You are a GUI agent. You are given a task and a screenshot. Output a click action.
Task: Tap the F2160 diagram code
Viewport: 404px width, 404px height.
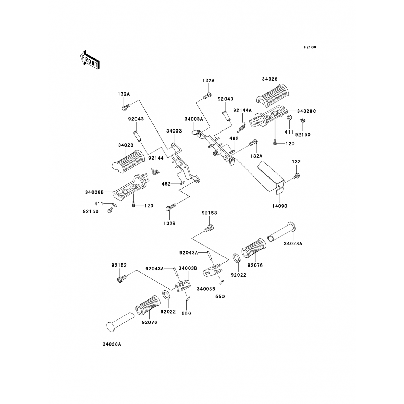tap(310, 47)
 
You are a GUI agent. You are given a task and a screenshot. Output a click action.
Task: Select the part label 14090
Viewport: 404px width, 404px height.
tap(280, 206)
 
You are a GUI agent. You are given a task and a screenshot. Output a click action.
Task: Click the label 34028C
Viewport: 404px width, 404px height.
tap(307, 111)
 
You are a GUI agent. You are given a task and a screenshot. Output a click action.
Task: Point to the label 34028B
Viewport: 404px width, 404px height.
tap(94, 192)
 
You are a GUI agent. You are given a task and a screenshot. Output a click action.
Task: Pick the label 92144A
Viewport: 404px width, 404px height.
tap(242, 110)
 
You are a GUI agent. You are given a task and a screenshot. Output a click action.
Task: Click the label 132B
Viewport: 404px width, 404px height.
tap(169, 223)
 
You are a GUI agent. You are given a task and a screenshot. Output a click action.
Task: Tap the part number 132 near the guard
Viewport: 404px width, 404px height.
tap(296, 162)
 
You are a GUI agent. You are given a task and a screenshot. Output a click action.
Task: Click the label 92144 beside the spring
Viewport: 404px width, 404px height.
tap(156, 158)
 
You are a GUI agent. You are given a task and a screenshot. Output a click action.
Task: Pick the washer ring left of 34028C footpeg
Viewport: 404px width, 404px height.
tap(289, 118)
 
